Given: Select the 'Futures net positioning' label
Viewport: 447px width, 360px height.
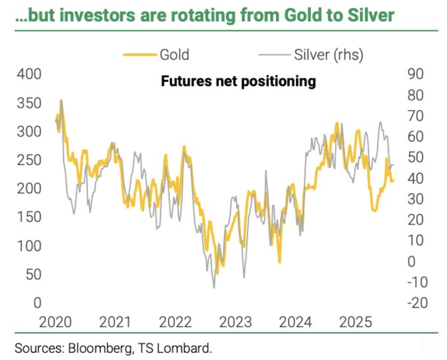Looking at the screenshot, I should [x=239, y=81].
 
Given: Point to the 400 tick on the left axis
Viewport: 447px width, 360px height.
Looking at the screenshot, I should [x=28, y=74].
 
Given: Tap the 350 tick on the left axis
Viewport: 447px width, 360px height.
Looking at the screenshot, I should [x=28, y=102].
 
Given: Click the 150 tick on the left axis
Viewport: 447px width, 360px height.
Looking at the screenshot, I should [x=28, y=217].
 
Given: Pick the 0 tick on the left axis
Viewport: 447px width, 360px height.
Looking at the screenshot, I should [x=37, y=303].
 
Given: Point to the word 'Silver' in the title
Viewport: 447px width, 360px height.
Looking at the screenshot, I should [x=369, y=14].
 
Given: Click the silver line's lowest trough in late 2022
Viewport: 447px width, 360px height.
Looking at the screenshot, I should [x=214, y=287].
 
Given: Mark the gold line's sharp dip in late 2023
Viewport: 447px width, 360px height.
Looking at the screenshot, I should [x=279, y=262].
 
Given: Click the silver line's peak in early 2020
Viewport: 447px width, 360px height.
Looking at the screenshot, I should [x=62, y=101].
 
